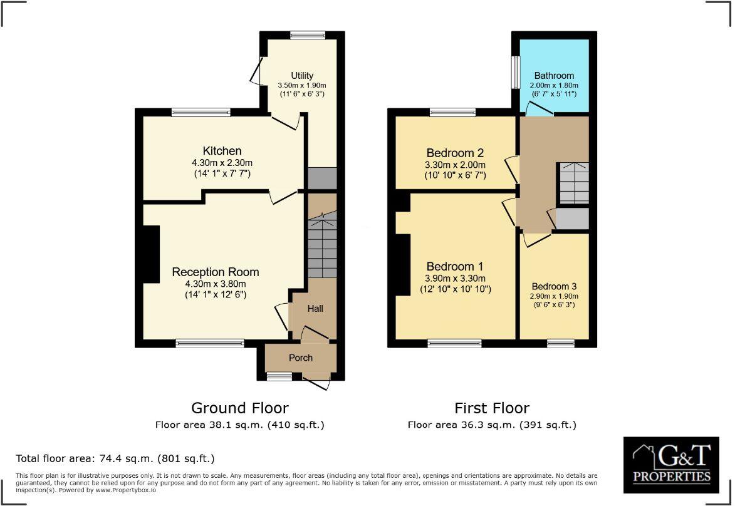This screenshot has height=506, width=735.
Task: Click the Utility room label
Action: (302, 76)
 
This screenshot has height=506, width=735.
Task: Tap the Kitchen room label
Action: (222, 151)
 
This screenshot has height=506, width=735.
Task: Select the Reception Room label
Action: (215, 272)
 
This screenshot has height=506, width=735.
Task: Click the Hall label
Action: (315, 309)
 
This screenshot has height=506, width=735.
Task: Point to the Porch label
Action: (300, 358)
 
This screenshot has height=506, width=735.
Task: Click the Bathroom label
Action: (554, 76)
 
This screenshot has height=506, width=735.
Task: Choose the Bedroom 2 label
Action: (455, 153)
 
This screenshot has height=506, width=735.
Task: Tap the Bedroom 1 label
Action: (455, 266)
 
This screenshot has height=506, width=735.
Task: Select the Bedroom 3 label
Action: (554, 286)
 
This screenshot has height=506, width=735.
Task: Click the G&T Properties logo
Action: (672, 465)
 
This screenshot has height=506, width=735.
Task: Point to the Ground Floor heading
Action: (239, 408)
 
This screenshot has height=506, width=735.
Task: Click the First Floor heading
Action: (492, 408)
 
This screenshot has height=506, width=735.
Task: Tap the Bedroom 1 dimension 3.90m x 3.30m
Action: (455, 278)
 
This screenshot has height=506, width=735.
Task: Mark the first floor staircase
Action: (573, 183)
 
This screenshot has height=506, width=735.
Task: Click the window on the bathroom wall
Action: (516, 73)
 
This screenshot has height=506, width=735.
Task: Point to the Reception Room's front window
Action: (210, 343)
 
